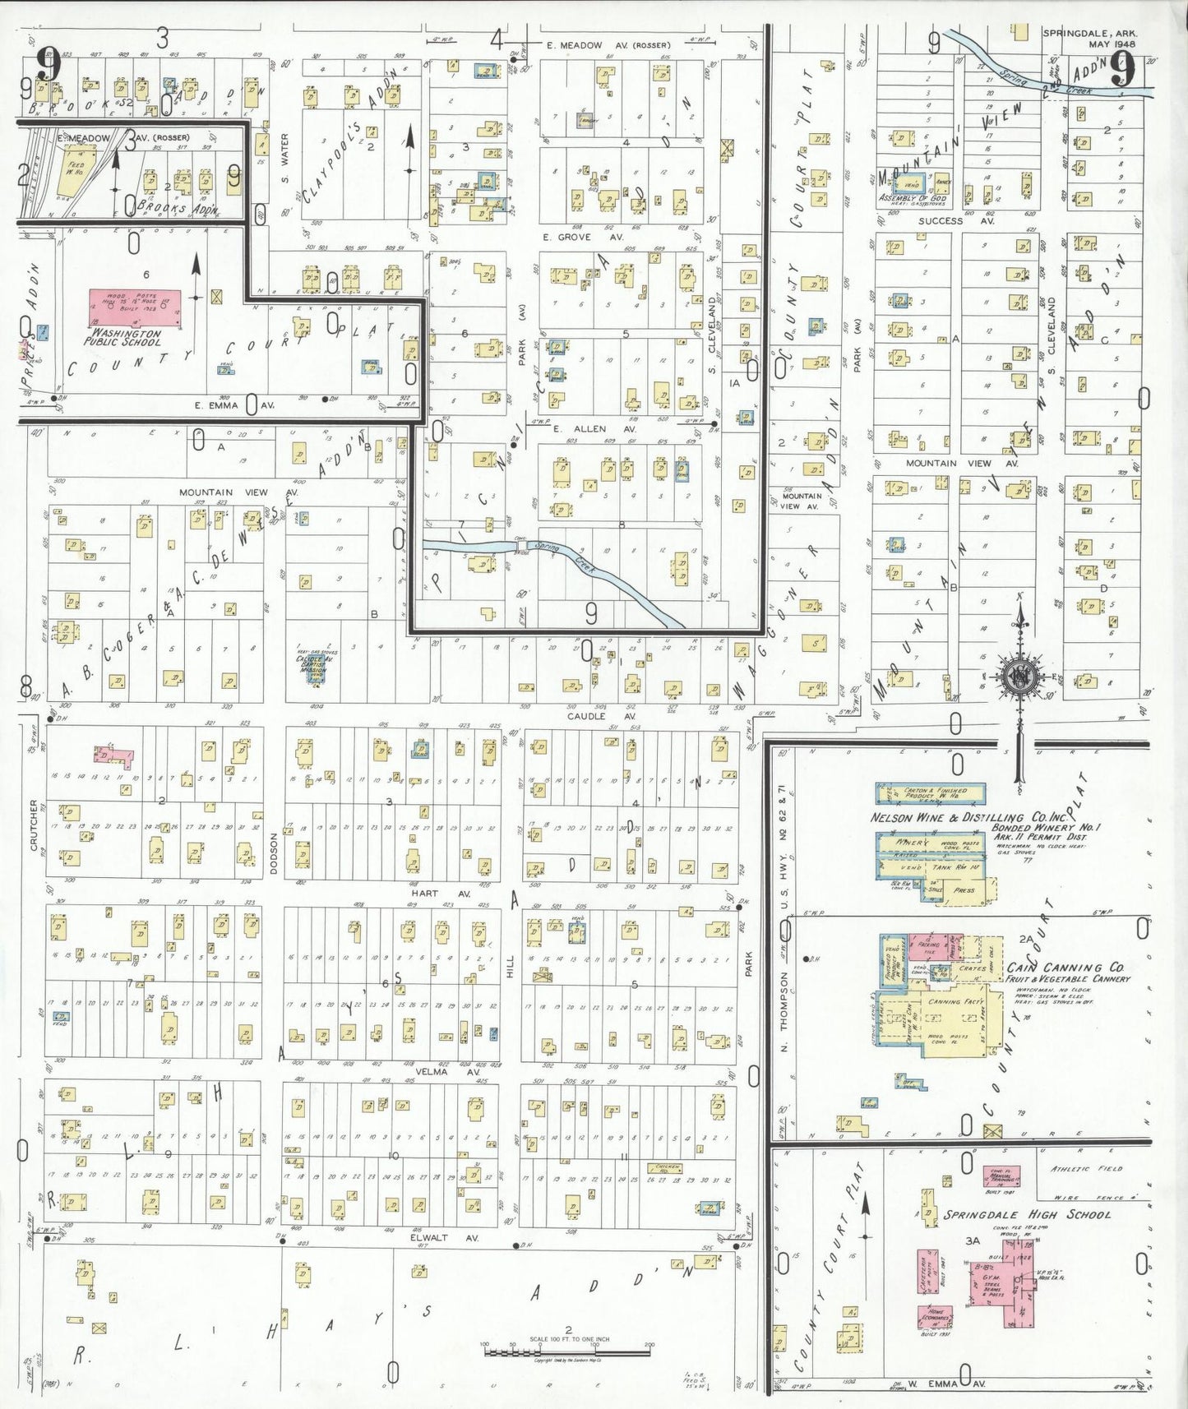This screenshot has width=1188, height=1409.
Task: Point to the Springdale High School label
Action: [x=1027, y=1214]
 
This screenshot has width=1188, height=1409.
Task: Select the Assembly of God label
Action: [x=913, y=198]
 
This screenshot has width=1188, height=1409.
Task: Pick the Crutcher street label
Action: [x=35, y=825]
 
